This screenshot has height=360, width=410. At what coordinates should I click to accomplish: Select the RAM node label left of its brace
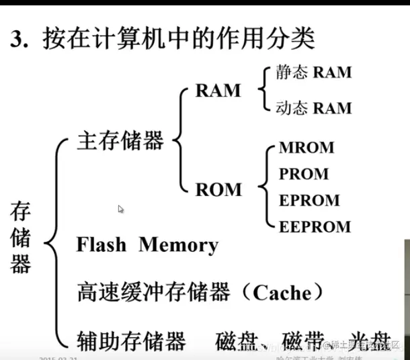click(x=218, y=91)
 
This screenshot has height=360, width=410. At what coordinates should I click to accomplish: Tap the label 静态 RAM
click(x=314, y=72)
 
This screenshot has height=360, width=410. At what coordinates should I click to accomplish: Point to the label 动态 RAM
click(x=314, y=107)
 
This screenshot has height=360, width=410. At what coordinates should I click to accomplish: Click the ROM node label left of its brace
click(x=218, y=190)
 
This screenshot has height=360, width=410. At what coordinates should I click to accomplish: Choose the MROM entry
click(x=306, y=148)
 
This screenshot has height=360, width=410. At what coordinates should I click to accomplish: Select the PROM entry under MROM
click(x=304, y=174)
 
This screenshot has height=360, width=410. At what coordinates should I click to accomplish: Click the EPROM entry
click(x=309, y=200)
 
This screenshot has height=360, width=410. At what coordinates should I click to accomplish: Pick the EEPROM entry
click(x=315, y=226)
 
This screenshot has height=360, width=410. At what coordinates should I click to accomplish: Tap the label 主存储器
click(x=120, y=141)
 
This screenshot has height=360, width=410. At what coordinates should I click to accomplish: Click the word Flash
click(x=101, y=244)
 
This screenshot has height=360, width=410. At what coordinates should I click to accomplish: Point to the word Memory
click(x=178, y=244)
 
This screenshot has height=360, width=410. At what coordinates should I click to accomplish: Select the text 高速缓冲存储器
click(x=154, y=292)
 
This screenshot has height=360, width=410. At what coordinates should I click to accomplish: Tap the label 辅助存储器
click(x=131, y=342)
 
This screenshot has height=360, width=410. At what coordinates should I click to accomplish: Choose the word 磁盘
click(x=236, y=342)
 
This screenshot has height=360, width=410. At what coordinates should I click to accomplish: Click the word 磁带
click(x=303, y=342)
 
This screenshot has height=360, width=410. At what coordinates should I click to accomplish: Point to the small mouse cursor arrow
click(x=121, y=210)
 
